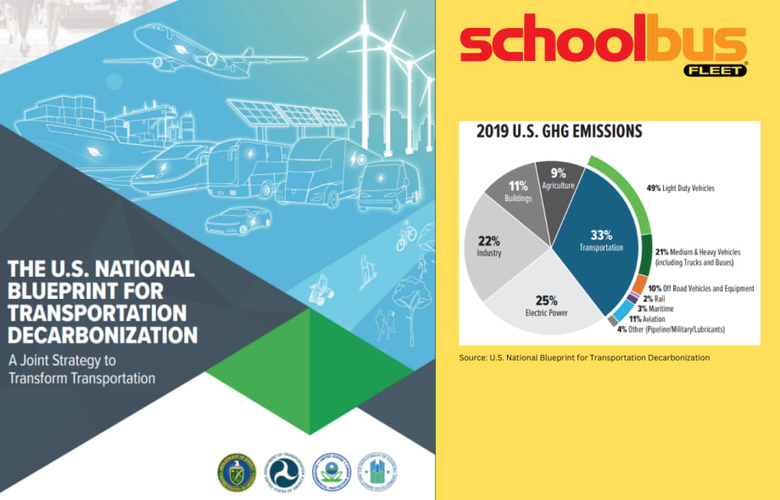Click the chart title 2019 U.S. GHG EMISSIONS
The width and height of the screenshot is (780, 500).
pyautogui.click(x=559, y=132)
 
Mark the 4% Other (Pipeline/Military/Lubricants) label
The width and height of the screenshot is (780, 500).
pyautogui.click(x=677, y=329)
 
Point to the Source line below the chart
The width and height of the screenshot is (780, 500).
pyautogui.click(x=584, y=357)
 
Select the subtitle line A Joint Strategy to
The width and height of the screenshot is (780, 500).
pyautogui.click(x=65, y=359)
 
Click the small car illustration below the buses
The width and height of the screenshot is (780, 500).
pyautogui.click(x=237, y=220)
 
